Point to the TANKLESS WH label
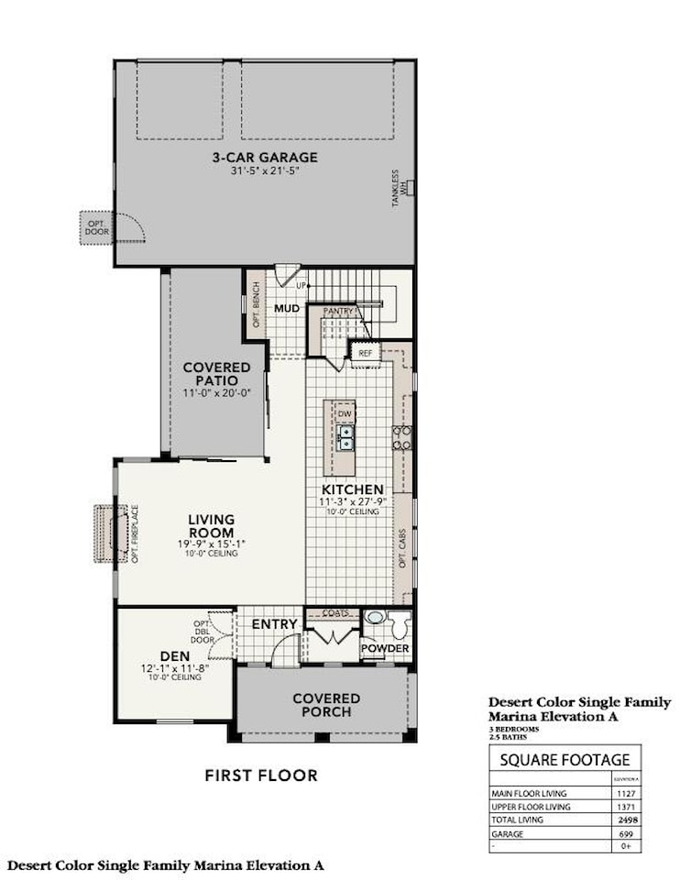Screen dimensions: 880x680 click(399, 188)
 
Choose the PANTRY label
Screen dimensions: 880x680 click(338, 313)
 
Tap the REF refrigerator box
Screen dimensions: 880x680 click(365, 352)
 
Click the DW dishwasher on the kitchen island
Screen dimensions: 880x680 click(345, 414)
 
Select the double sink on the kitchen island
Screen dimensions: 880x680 click(345, 438)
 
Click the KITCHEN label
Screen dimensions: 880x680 click(352, 489)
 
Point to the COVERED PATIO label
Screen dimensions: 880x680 click(216, 374)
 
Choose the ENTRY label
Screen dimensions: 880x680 click(274, 624)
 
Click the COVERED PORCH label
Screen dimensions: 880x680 click(326, 705)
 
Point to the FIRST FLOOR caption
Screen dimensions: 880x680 click(261, 775)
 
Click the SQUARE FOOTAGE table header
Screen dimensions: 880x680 click(564, 760)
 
